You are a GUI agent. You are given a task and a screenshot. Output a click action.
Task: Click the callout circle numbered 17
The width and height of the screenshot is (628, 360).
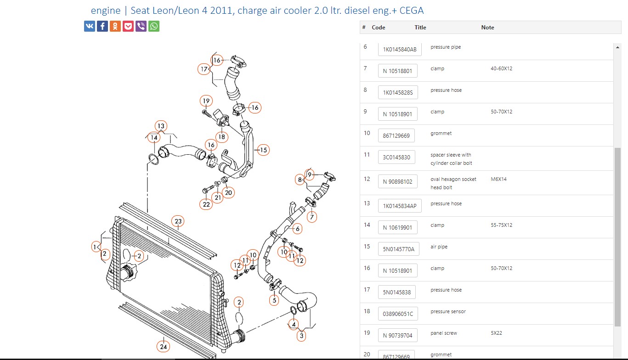[204, 69]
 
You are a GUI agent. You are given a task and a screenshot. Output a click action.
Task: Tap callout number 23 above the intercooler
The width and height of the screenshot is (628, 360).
[178, 221]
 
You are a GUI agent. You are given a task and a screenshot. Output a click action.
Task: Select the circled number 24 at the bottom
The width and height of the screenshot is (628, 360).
[163, 347]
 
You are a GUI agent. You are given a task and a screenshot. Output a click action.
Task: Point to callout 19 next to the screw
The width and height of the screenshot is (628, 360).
[206, 101]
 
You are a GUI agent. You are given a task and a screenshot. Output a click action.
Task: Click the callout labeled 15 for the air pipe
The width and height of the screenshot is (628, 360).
[263, 150]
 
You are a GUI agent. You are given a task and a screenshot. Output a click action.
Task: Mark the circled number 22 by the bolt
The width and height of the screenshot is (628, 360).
[206, 204]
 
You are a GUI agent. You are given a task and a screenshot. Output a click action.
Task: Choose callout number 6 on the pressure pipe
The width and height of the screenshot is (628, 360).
[297, 229]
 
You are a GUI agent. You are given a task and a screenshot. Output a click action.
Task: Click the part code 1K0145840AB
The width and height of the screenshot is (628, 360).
[400, 50]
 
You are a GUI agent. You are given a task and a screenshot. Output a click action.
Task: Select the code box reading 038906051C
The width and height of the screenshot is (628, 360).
[398, 315]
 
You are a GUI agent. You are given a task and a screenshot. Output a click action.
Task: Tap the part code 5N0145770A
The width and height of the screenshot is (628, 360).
[398, 249]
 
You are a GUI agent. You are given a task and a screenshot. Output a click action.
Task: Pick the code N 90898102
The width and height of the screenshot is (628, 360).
[397, 182]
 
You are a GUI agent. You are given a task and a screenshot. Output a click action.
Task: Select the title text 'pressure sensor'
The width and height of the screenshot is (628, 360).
[448, 311]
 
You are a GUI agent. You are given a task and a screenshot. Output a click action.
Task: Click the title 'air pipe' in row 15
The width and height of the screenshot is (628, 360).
[439, 247]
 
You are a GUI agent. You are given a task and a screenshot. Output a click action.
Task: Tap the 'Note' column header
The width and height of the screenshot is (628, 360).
[487, 28]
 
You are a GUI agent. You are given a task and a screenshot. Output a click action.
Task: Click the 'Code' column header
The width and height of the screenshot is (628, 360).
[378, 28]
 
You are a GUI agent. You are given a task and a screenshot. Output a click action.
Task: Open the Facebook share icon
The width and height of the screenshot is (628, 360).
[102, 26]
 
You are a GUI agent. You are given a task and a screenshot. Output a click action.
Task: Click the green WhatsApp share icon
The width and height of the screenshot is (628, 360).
[154, 26]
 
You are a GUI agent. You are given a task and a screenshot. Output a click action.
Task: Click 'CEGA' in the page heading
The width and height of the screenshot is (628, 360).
[412, 11]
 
